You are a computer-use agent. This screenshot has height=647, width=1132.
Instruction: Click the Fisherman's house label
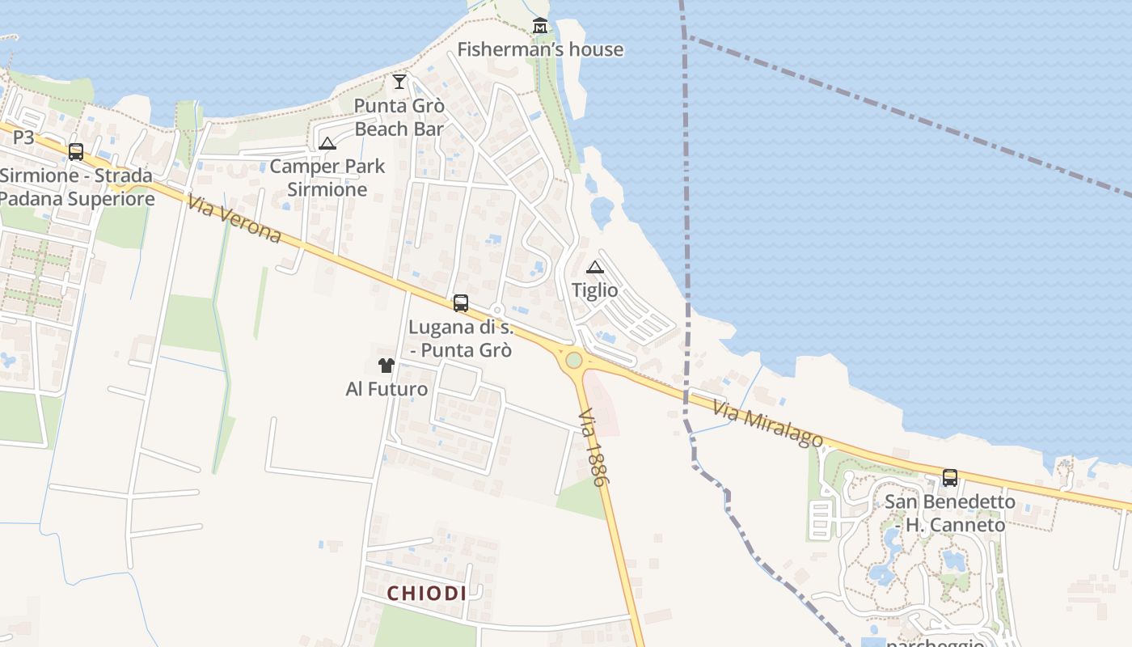[x=540, y=49]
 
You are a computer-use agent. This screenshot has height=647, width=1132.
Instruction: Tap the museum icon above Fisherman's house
[x=540, y=26]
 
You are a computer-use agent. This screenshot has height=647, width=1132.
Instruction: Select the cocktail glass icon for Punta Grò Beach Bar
[x=399, y=81]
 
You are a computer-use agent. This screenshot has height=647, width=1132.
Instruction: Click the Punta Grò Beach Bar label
[x=399, y=117]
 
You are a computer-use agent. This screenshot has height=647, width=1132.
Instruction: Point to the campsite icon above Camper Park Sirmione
[x=327, y=144]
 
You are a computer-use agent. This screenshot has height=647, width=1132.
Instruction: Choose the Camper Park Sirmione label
[x=327, y=178]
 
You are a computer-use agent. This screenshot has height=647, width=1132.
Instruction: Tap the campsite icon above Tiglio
[x=595, y=267]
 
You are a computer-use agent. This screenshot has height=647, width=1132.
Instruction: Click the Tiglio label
[x=595, y=290]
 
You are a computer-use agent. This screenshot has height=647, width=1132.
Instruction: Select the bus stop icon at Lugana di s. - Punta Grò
[x=461, y=303]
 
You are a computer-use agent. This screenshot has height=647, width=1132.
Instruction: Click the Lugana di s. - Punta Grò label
[x=461, y=339]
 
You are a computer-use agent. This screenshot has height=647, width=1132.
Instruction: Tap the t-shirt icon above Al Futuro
[x=386, y=366]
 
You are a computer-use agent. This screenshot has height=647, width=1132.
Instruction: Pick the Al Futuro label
[x=386, y=389]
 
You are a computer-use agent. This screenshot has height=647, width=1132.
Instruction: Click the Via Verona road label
[x=234, y=218]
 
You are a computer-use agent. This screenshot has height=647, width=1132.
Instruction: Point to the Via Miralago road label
[x=767, y=425]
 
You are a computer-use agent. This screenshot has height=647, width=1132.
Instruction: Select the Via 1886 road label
[x=593, y=458]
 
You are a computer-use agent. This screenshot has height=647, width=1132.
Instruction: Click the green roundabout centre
[x=574, y=359]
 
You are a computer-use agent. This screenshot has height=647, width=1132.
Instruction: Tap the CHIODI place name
[x=426, y=593]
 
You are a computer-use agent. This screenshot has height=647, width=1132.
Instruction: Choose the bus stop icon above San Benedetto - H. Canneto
[x=949, y=478]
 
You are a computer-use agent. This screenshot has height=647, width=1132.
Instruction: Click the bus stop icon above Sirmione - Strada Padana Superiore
[x=76, y=151]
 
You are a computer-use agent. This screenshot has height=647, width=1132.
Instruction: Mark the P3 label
[x=23, y=137]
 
